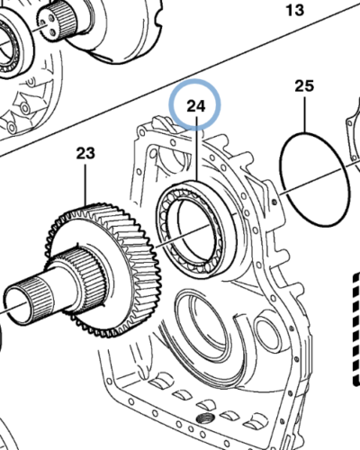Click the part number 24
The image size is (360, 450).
tap(196, 107)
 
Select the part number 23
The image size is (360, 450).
tap(85, 154)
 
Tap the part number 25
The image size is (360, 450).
tap(304, 86)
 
